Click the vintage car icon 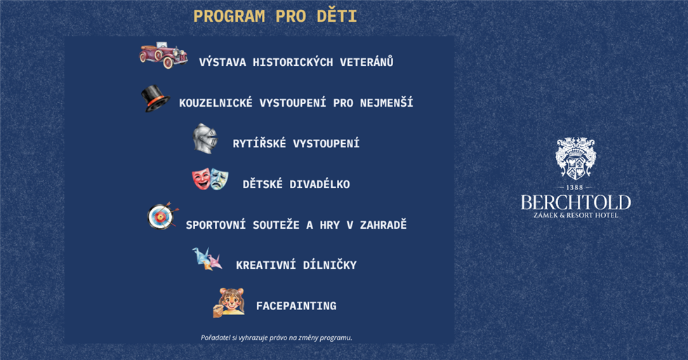[x=164, y=55]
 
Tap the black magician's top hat [x=155, y=98]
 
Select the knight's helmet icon [x=205, y=138]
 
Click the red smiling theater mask [x=201, y=179]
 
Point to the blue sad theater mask [x=219, y=180]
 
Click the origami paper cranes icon [x=206, y=259]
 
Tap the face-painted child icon [x=229, y=302]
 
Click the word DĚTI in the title [x=337, y=16]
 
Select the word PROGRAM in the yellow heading [x=229, y=17]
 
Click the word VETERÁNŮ [x=366, y=62]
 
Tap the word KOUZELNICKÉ [x=216, y=102]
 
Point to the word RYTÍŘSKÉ [x=259, y=143]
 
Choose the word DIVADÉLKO [x=319, y=184]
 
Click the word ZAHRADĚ [x=383, y=225]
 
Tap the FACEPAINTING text [x=296, y=306]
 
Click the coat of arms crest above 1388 [x=576, y=159]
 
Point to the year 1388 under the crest [x=574, y=187]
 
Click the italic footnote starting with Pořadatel [x=277, y=338]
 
